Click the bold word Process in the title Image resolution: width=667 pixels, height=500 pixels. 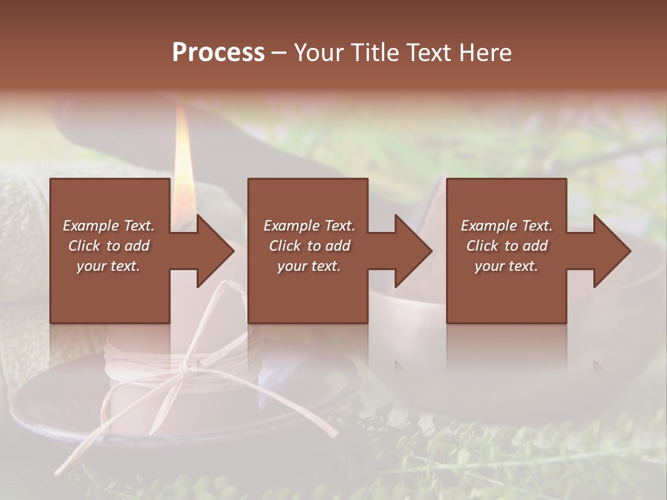(x=218, y=53)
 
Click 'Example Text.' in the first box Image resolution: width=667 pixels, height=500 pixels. (x=108, y=226)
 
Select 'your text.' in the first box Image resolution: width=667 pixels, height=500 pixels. (x=108, y=266)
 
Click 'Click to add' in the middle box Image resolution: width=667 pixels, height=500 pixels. (x=309, y=246)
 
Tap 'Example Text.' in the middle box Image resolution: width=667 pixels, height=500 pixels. (x=309, y=226)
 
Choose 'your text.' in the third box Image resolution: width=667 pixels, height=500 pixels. (x=507, y=266)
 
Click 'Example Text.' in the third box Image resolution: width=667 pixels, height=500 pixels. (x=507, y=226)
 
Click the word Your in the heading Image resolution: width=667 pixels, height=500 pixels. (x=318, y=53)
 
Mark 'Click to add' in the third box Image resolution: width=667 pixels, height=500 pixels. (x=507, y=246)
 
